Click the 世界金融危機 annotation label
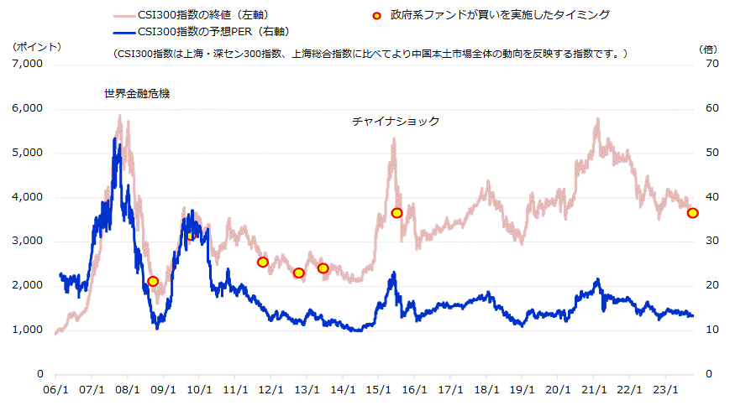pos(137,93)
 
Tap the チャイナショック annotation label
pos(396,122)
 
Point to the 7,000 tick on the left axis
pos(29,65)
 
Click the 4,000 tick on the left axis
pos(29,197)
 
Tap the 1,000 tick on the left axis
pos(29,330)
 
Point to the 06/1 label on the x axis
pos(55,390)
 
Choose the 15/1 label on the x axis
pos(379,390)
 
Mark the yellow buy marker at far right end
pos(692,213)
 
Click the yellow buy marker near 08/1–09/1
pos(153,282)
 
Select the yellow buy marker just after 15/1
pos(397,213)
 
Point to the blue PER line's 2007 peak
pos(114,138)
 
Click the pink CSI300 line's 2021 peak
pos(597,119)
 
